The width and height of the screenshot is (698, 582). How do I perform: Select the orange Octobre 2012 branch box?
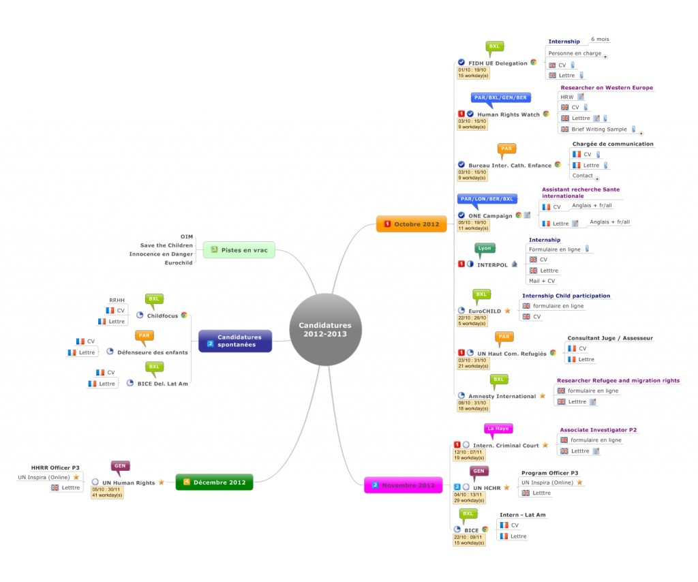411,224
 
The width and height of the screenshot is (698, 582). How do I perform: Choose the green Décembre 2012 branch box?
214,483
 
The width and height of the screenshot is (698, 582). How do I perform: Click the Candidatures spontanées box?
234,341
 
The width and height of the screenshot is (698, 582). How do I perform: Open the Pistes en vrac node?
239,251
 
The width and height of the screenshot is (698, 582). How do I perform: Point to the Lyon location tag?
484,248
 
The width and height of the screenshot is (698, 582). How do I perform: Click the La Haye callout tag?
498,429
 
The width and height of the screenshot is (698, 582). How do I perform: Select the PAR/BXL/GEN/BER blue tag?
500,98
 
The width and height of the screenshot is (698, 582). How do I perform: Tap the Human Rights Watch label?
508,114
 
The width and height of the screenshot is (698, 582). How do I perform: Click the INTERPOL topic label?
492,264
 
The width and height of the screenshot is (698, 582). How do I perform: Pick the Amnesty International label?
502,396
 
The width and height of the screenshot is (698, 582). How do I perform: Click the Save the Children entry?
166,245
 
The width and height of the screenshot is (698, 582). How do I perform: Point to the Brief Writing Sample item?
599,129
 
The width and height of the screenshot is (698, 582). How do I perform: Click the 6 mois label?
600,40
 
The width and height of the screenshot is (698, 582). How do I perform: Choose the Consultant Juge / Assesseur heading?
610,338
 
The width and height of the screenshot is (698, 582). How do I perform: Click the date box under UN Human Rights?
107,492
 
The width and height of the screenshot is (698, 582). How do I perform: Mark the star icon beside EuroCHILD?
507,311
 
